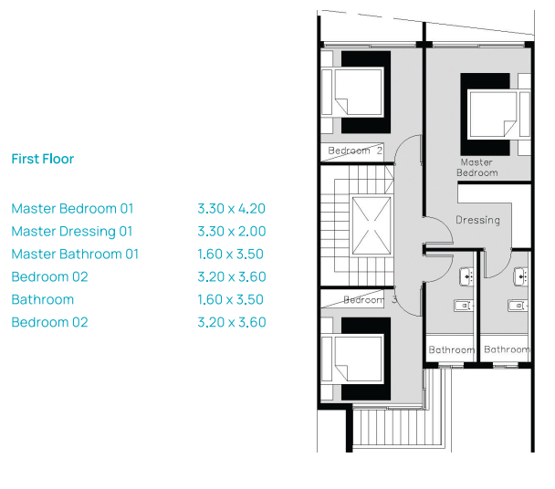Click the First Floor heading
[43, 159]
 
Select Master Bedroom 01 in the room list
[72, 208]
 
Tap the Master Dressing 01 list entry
[72, 232]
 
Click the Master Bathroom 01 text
[75, 254]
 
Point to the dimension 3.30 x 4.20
[232, 209]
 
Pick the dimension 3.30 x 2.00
[232, 232]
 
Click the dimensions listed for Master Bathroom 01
[230, 254]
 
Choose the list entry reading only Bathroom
[43, 300]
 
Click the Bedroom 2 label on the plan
[355, 151]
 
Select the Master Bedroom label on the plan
[476, 167]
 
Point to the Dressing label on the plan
[477, 220]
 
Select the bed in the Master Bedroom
[496, 114]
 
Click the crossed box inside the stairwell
[372, 225]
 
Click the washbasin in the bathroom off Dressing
[521, 276]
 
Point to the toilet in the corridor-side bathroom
[464, 306]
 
